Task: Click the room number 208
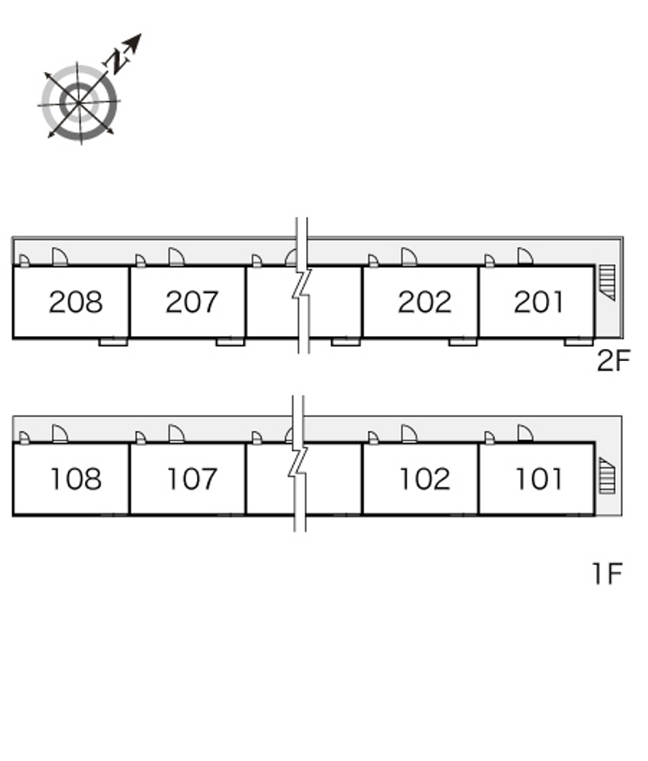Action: click(x=75, y=302)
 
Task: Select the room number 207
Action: click(x=191, y=302)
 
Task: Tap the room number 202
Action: click(x=424, y=302)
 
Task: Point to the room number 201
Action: click(x=539, y=302)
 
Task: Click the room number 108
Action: click(x=75, y=479)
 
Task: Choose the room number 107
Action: click(x=191, y=479)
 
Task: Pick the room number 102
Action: click(x=424, y=479)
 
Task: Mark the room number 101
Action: click(x=539, y=479)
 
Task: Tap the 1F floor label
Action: click(x=606, y=575)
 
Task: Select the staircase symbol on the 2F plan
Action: click(x=607, y=282)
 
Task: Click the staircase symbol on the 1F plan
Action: click(x=607, y=476)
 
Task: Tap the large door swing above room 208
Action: click(x=60, y=257)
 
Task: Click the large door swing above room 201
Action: click(x=525, y=257)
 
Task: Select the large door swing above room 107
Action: click(x=176, y=435)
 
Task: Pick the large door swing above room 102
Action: click(x=408, y=435)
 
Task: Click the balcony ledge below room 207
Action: click(x=230, y=342)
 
